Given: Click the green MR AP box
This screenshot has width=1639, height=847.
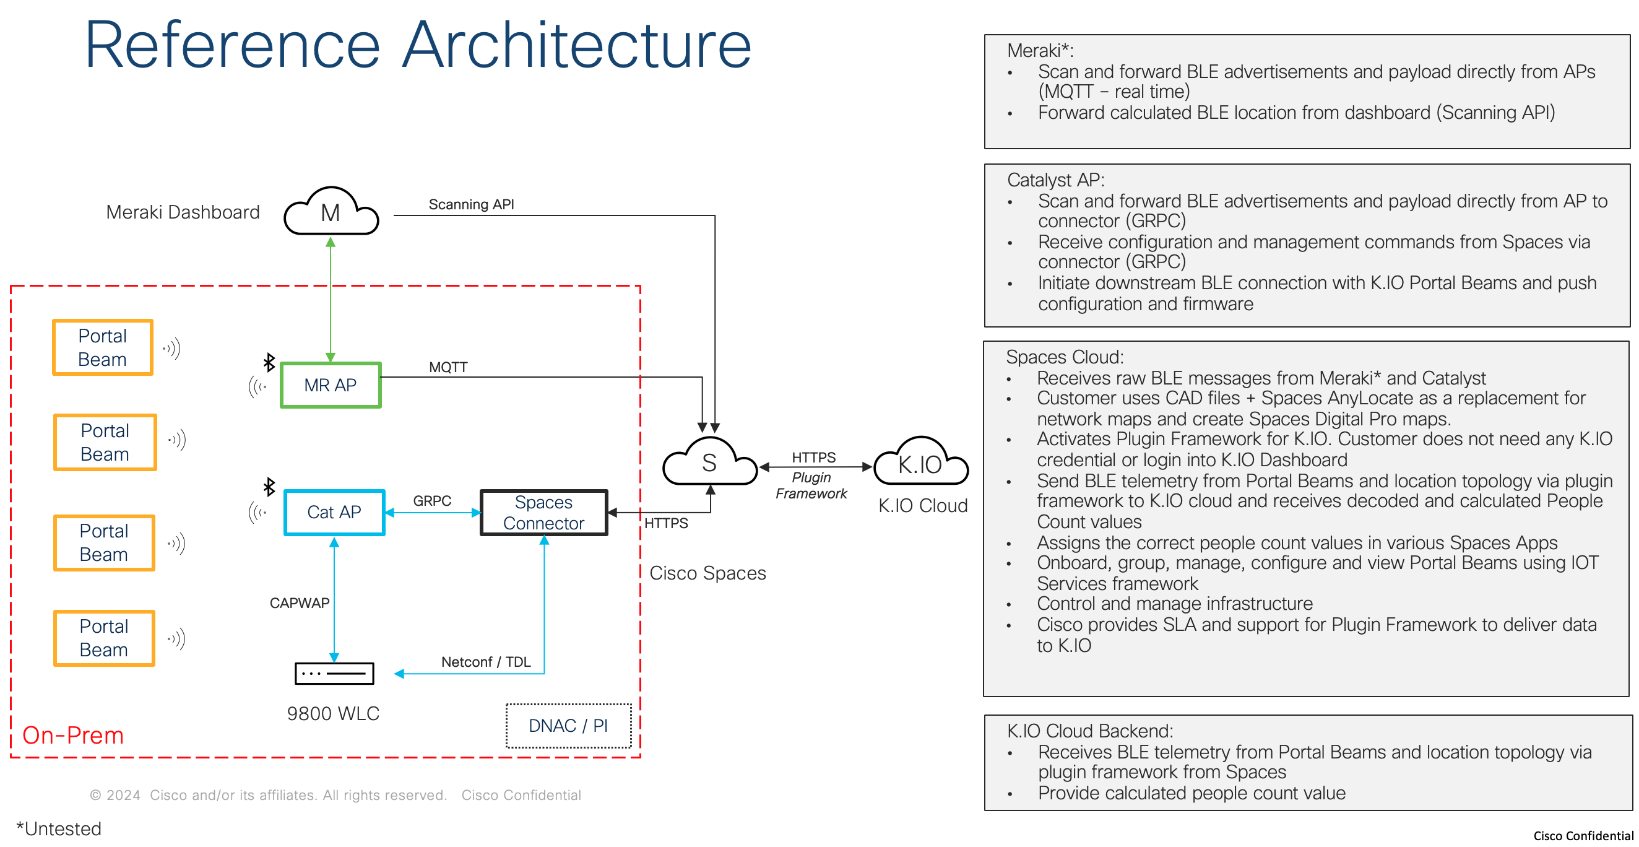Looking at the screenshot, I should [x=331, y=385].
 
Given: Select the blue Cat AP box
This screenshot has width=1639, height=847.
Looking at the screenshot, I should [x=334, y=512].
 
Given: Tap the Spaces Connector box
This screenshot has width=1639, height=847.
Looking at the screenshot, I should [x=543, y=512].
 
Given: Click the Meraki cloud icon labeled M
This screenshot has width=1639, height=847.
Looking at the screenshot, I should [x=331, y=212].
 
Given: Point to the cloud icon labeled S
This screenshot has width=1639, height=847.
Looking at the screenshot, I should [x=709, y=463].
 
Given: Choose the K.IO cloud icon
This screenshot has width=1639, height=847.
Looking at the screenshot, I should [x=920, y=464].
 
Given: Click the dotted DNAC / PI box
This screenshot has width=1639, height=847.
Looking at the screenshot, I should [x=568, y=726].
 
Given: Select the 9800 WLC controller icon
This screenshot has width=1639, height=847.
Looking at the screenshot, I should [x=334, y=673].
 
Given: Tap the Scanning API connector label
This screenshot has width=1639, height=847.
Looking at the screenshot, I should [x=471, y=204].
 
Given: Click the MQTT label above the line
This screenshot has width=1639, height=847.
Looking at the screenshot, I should [x=448, y=367].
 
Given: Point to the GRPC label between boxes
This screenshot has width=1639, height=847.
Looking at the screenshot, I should [x=432, y=501].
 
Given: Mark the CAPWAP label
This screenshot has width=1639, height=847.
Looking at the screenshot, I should [x=299, y=602].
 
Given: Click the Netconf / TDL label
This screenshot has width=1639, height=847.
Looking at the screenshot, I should [x=485, y=662].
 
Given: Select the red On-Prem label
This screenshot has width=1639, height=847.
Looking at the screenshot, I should [x=72, y=735].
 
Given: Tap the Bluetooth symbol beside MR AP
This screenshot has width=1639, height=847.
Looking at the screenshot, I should [x=269, y=363].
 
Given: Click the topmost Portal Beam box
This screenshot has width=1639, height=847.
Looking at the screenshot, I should [x=103, y=347].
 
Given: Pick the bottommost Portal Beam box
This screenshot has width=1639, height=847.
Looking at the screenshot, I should [x=104, y=638].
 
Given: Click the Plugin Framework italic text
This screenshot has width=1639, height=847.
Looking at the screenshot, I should [x=811, y=485].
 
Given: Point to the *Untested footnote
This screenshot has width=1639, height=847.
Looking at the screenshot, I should [x=59, y=828].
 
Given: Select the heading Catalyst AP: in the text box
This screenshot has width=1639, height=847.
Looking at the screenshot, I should [x=1055, y=180].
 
